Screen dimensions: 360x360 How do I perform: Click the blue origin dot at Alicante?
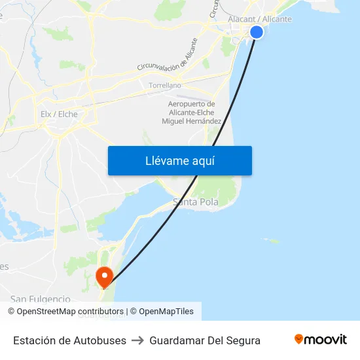pyautogui.click(x=257, y=32)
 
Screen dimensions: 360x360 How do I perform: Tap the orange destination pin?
pyautogui.click(x=103, y=276)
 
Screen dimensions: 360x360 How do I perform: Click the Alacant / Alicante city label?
pyautogui.click(x=260, y=19)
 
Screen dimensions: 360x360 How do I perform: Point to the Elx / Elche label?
pyautogui.click(x=59, y=114)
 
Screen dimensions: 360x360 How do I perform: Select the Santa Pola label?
pyautogui.click(x=196, y=202)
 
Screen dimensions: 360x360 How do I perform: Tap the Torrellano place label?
pyautogui.click(x=165, y=86)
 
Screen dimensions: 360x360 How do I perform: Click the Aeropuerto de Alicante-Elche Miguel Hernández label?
pyautogui.click(x=191, y=113)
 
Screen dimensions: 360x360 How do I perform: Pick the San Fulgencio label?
pyautogui.click(x=40, y=299)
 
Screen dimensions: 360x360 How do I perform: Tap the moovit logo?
pyautogui.click(x=321, y=340)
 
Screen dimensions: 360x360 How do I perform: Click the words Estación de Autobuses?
pyautogui.click(x=69, y=340)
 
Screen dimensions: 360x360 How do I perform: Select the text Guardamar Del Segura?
pyautogui.click(x=205, y=340)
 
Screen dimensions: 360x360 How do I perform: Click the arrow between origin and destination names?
pyautogui.click(x=137, y=340)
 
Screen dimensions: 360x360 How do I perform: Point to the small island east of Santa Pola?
pyautogui.click(x=274, y=241)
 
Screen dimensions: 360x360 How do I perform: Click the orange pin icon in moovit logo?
pyautogui.click(x=299, y=339)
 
